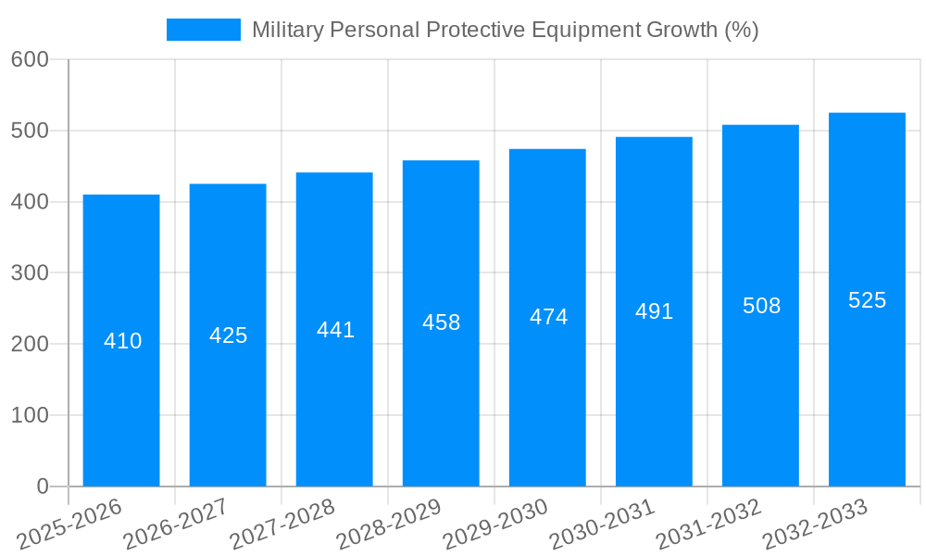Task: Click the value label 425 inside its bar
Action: coord(228,335)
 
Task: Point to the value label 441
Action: coord(335,330)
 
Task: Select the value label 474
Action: coord(548,317)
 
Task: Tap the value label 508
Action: coord(761,306)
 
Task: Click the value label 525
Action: coord(867,300)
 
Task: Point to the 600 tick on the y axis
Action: coord(30,59)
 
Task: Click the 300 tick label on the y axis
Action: coord(30,273)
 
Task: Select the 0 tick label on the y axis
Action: coord(43,486)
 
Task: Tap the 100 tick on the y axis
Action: coord(30,415)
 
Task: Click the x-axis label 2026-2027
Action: coord(176,524)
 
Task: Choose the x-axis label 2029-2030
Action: coord(495,524)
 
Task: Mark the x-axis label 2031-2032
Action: coord(708,524)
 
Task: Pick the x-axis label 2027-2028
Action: coord(282,524)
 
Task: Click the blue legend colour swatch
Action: coord(203,30)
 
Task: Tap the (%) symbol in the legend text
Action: coord(741,30)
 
